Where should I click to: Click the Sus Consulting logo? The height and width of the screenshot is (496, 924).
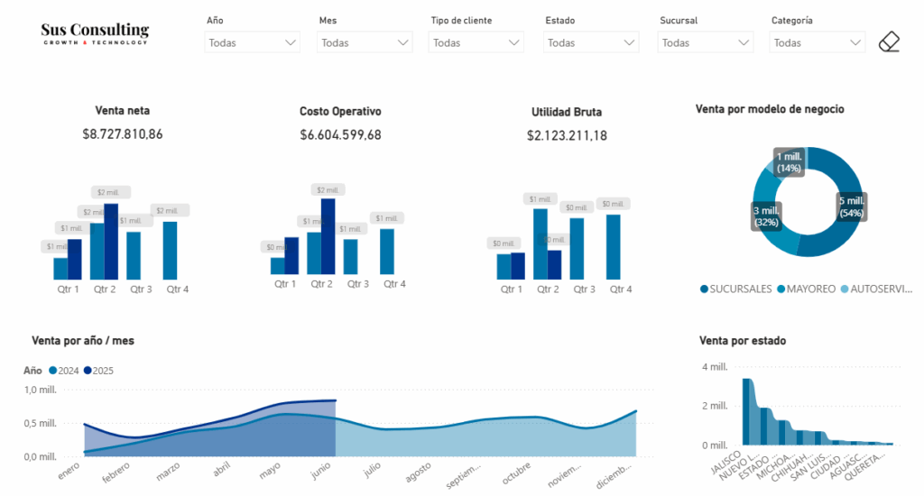tap(95, 33)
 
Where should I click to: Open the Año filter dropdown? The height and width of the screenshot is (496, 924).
tap(253, 42)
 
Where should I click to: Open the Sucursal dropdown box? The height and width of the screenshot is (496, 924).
tap(706, 42)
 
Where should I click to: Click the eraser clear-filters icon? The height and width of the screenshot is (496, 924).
tap(890, 41)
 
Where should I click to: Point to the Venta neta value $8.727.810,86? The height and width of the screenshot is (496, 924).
tap(123, 134)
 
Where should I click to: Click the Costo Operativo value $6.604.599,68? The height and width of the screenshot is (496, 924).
tap(340, 134)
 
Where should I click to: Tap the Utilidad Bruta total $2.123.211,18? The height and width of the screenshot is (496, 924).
tap(567, 135)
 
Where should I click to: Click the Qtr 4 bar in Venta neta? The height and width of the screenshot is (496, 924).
tap(170, 251)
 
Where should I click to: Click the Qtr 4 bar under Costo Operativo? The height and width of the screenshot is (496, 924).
tap(387, 252)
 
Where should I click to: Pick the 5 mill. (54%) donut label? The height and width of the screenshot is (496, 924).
tap(852, 207)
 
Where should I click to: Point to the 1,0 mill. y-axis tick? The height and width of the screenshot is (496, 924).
tap(41, 390)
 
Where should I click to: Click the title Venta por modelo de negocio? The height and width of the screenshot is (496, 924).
tap(770, 109)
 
